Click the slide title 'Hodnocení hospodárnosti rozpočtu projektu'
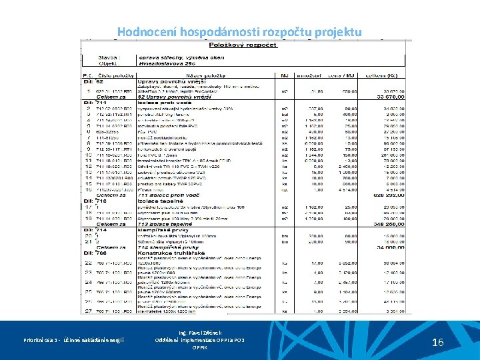point(239,32)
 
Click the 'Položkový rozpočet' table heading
point(243,45)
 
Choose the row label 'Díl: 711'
point(95,102)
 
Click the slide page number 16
point(438,343)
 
